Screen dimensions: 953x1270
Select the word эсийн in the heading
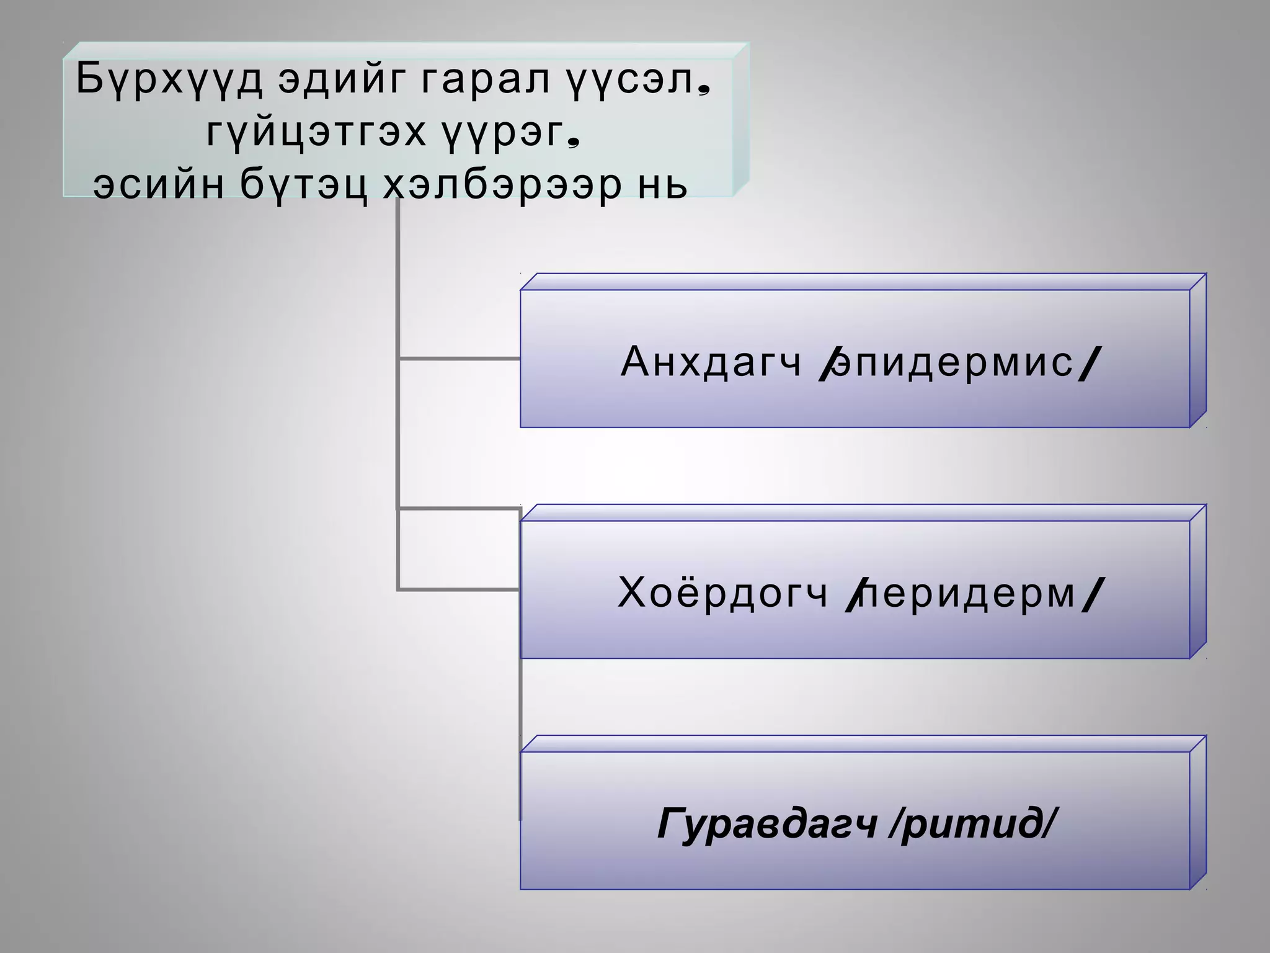(x=158, y=184)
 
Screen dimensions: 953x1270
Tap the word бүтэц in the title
(x=304, y=184)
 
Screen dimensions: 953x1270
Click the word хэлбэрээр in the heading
(x=502, y=184)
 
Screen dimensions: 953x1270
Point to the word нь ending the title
(x=664, y=184)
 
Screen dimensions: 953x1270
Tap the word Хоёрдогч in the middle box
(x=723, y=593)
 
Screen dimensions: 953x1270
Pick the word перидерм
(x=969, y=593)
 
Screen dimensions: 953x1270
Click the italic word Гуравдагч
(x=767, y=824)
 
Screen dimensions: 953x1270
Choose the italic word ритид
(x=971, y=824)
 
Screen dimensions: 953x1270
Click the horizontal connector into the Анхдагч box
(x=459, y=359)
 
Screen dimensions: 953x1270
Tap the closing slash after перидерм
(x=1093, y=594)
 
